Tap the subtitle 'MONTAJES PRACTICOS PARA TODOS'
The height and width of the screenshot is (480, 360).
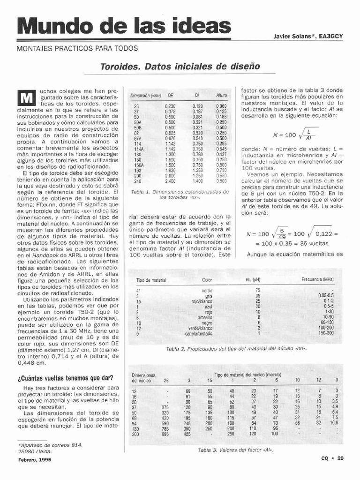click(x=77, y=48)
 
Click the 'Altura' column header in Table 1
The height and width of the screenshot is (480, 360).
click(x=221, y=95)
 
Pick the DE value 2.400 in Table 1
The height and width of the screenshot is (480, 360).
click(x=170, y=181)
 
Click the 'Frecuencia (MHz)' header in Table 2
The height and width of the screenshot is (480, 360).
click(x=318, y=280)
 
